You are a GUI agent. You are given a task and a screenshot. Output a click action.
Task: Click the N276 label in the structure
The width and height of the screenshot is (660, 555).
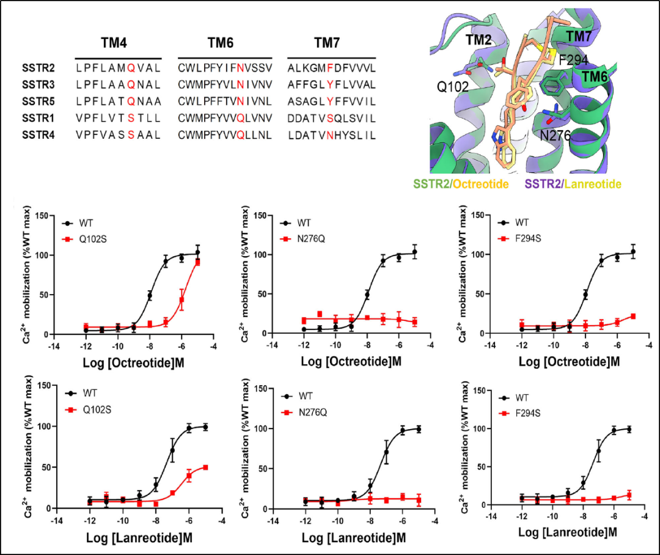pos(553,134)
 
